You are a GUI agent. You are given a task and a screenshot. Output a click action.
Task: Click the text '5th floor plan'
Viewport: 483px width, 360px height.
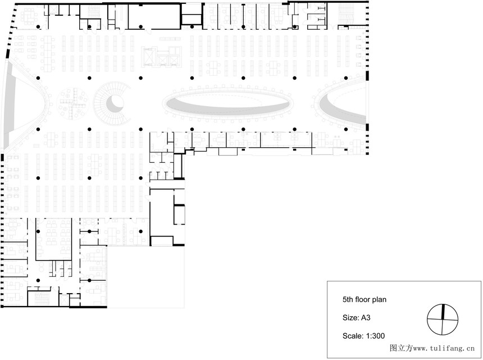(x=364, y=300)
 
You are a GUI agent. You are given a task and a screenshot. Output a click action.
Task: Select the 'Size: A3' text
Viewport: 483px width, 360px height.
(x=356, y=317)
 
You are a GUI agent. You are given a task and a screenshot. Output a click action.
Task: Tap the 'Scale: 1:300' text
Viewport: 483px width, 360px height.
(x=363, y=336)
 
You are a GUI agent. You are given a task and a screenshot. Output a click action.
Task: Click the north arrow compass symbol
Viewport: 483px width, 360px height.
(x=443, y=320)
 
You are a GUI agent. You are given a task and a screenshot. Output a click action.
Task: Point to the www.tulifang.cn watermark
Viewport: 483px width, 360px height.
(x=432, y=348)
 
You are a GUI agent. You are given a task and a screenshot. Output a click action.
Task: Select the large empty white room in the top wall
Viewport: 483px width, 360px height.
(x=154, y=17)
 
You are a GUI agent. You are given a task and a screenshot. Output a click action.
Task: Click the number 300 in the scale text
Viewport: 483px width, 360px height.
(x=379, y=336)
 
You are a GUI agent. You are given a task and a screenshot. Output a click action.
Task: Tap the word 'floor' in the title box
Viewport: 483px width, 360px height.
(x=363, y=300)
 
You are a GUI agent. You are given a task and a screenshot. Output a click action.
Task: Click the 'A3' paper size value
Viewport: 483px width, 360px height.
(x=365, y=317)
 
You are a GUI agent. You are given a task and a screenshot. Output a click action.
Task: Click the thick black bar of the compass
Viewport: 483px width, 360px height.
(x=444, y=311)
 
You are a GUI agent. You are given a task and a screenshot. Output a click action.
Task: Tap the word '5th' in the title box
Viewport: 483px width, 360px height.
(x=348, y=300)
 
